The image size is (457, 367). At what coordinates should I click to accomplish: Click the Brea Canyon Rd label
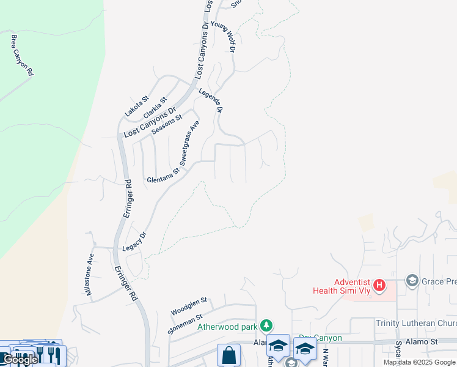[22, 55]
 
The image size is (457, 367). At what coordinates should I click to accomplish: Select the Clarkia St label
[155, 108]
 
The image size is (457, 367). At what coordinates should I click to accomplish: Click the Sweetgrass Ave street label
[190, 143]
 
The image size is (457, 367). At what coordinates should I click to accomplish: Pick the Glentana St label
[163, 180]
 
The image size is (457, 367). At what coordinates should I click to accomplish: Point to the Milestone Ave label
[90, 275]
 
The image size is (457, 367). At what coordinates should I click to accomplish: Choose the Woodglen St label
[189, 306]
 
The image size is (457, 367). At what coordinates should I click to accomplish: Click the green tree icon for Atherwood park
[266, 324]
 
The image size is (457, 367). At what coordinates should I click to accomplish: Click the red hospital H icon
[379, 284]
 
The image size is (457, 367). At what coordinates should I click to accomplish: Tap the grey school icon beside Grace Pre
[411, 280]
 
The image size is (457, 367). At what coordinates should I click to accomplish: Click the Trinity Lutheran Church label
[416, 323]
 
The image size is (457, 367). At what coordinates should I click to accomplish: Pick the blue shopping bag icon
[228, 355]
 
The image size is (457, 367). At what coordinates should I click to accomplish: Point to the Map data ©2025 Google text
[420, 362]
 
